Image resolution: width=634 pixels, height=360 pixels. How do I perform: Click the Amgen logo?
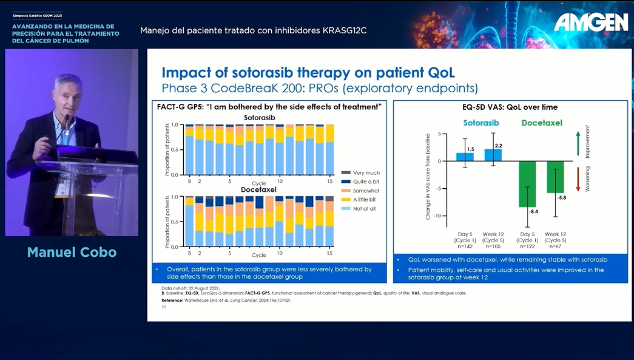coord(591,22)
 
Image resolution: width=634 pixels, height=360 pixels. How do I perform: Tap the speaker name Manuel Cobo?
coord(72,252)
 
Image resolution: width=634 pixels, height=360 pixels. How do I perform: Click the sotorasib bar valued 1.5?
coord(465,157)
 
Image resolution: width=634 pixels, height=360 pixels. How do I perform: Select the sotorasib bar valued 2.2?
coord(493,155)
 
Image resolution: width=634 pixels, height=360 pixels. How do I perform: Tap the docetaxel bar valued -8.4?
coord(527,184)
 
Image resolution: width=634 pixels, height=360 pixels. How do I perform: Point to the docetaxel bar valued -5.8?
coord(556,177)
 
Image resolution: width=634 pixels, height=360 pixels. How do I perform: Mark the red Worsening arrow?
coord(578,179)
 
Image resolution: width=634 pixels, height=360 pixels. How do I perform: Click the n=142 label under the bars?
coord(464,246)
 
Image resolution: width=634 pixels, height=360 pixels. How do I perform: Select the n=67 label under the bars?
coord(556,246)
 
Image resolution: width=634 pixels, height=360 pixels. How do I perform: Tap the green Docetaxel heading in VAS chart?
coord(541,123)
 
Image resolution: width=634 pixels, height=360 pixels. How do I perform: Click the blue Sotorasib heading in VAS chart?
coord(481,123)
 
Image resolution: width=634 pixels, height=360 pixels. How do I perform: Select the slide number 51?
coord(164,307)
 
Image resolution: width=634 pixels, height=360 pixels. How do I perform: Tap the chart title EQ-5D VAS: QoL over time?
coord(510,107)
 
